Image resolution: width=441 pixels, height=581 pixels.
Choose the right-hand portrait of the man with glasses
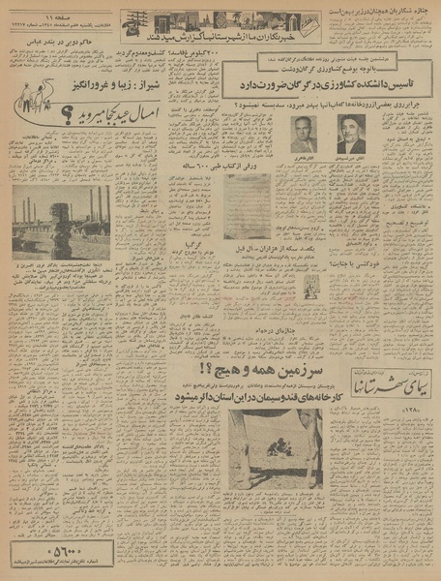coord(351,133)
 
